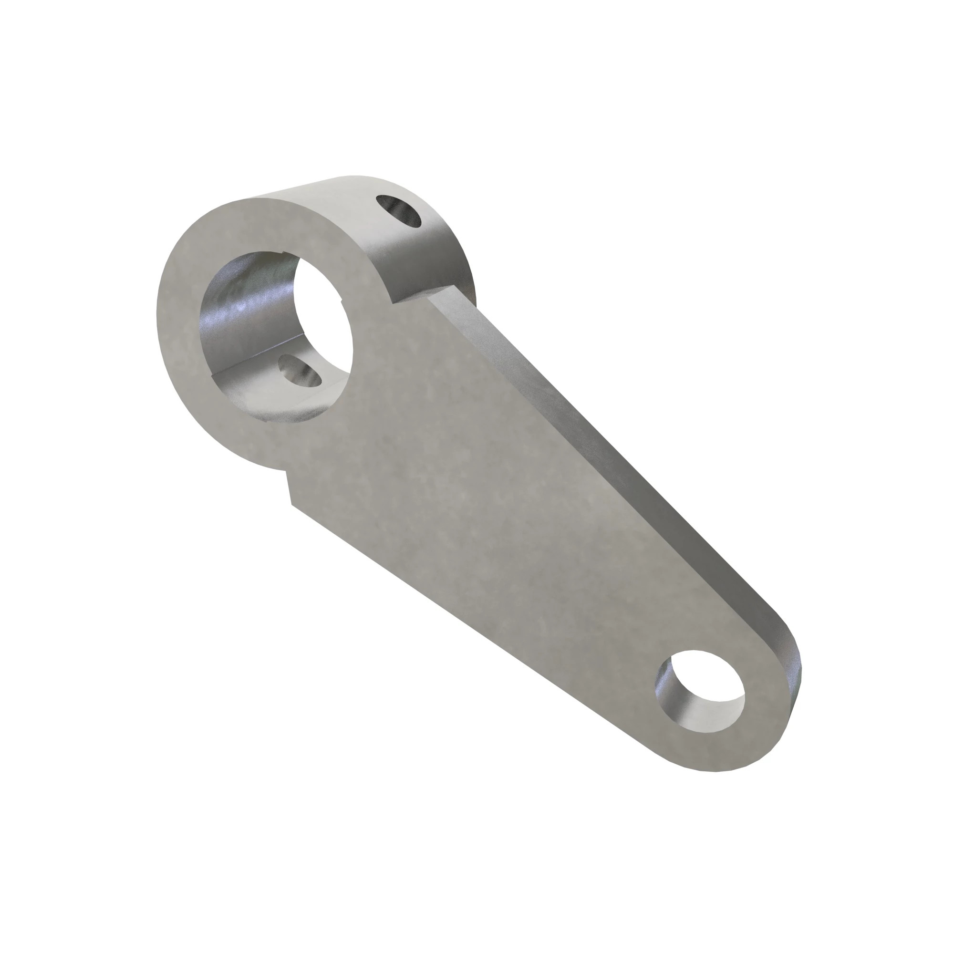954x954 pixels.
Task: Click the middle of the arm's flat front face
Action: pos(494,518)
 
